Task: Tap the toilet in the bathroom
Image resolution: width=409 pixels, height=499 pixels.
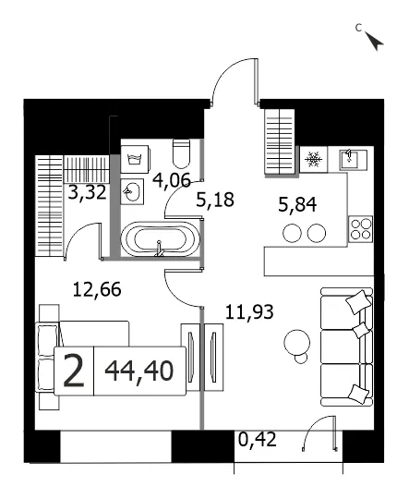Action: tap(181, 154)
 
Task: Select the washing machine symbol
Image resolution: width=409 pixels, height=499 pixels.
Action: tap(135, 159)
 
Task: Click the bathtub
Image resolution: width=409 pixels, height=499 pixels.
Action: tap(160, 239)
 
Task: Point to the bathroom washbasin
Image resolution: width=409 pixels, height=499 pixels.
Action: tap(132, 191)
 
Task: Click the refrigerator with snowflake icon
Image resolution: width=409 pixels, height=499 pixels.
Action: tap(314, 159)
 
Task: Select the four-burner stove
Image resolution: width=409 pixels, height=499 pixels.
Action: tap(361, 229)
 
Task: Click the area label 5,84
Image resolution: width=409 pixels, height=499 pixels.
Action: tap(297, 204)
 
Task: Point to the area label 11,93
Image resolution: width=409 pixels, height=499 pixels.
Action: tap(249, 312)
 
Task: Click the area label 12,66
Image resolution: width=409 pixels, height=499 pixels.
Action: tap(97, 289)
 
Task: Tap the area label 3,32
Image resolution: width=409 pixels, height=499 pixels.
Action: tap(87, 192)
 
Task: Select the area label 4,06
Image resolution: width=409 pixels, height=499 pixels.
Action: tap(172, 180)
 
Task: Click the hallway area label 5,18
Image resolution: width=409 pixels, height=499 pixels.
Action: tap(215, 200)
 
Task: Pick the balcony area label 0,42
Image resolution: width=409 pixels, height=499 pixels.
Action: tap(258, 440)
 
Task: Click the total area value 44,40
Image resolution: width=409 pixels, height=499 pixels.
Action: tap(139, 371)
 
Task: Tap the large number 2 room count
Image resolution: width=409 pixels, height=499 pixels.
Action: tap(74, 371)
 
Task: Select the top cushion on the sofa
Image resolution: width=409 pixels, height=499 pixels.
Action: tap(358, 301)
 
